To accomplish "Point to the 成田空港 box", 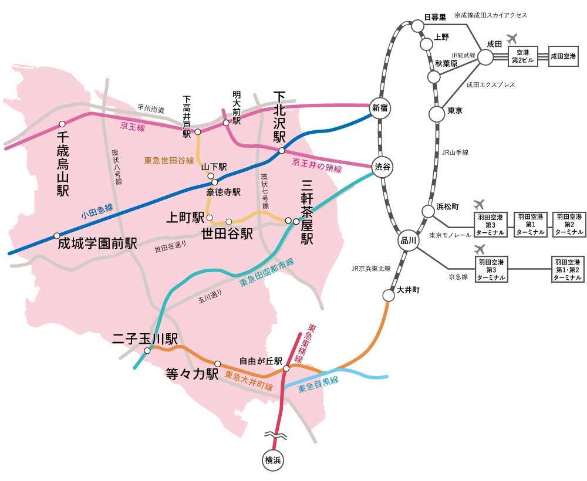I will [564, 57].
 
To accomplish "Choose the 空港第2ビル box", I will [522, 57].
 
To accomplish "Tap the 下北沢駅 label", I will [279, 117].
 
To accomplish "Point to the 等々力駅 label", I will [192, 374].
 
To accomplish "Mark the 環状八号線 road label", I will [117, 167].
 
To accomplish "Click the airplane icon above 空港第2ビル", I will [511, 39].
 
